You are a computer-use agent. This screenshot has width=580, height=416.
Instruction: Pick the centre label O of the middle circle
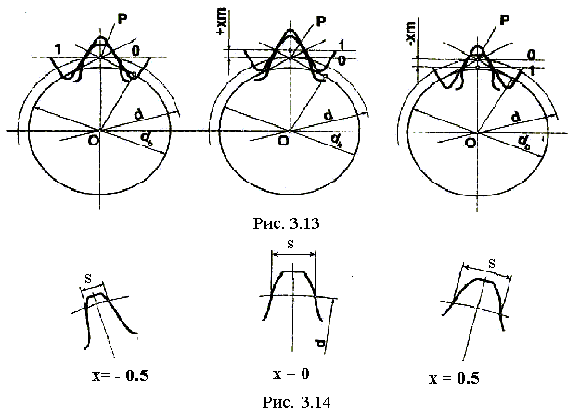(x=282, y=142)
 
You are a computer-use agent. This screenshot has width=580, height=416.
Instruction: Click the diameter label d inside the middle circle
(x=329, y=115)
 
